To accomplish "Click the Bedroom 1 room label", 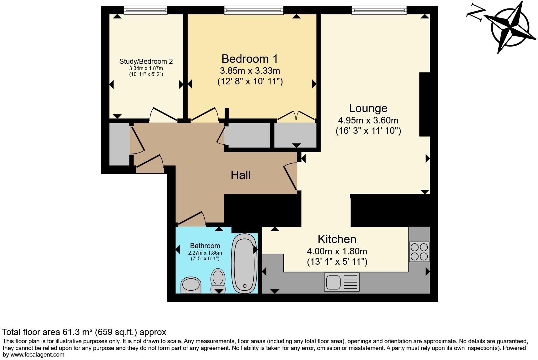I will click(x=250, y=59).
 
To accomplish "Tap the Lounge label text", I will click(x=368, y=108).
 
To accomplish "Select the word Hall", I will click(x=241, y=175).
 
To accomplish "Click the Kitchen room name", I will click(x=337, y=239).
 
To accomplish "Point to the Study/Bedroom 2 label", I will click(x=146, y=62).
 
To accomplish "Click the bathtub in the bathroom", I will click(x=244, y=263).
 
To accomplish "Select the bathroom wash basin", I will click(x=191, y=285).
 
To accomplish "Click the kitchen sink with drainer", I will click(x=342, y=282).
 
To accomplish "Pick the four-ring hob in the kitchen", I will click(x=419, y=252).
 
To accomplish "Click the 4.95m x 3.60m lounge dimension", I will click(x=368, y=120).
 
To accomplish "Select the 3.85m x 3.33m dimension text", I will click(x=250, y=71).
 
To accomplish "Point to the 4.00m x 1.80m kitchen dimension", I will click(x=337, y=251).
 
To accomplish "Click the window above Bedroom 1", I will click(x=254, y=10).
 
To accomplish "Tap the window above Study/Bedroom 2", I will click(x=145, y=10).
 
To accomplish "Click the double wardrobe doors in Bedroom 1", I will click(x=296, y=115).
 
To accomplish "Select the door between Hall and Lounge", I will click(x=290, y=177).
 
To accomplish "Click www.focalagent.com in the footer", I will click(x=38, y=354).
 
